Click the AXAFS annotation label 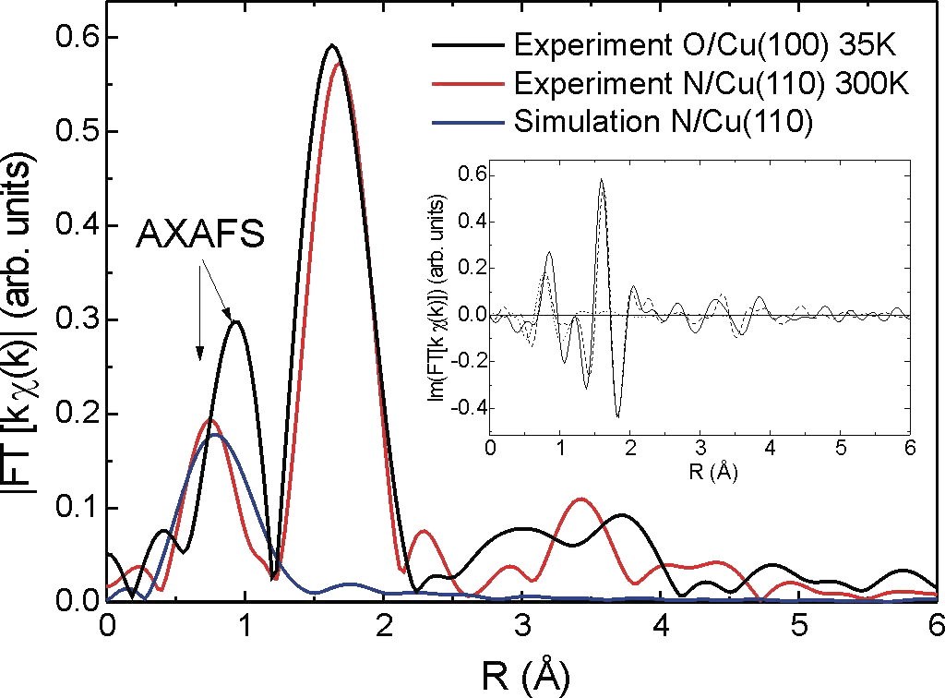201,235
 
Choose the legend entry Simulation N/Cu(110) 664,123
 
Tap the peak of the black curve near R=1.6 332,45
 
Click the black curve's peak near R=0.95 238,321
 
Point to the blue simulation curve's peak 215,435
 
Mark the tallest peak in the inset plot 602,180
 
